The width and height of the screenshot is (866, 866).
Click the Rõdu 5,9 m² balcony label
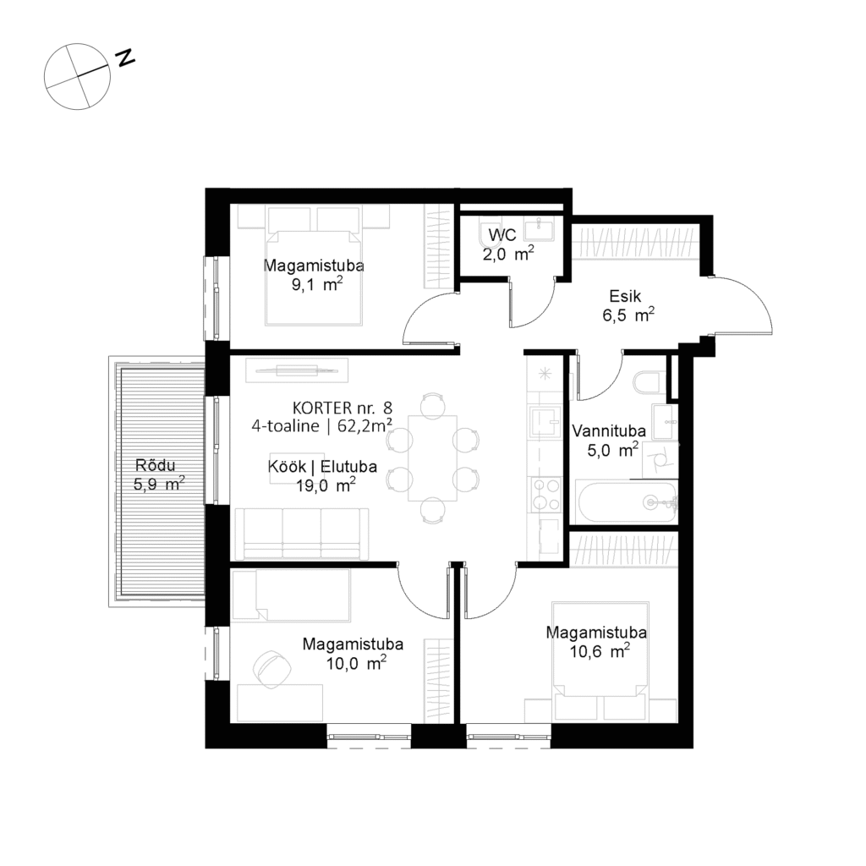(x=159, y=474)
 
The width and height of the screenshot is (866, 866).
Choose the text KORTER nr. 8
(x=343, y=406)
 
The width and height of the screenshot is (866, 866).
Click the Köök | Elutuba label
(x=311, y=475)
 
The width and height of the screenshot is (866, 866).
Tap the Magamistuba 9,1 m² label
(x=314, y=276)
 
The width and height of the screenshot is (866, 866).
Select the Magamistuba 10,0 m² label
(x=353, y=653)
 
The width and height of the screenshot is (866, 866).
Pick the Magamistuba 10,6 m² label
(x=596, y=642)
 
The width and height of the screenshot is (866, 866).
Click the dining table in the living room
(x=432, y=458)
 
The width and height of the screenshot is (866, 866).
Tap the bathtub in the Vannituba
(x=627, y=502)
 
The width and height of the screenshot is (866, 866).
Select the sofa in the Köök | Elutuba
(x=302, y=533)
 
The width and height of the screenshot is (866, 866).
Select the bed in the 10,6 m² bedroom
(x=600, y=651)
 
